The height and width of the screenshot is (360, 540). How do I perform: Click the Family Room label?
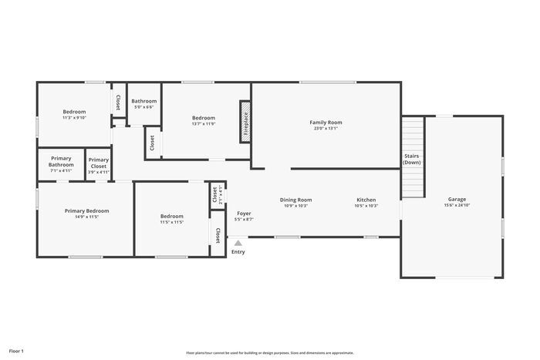(326, 122)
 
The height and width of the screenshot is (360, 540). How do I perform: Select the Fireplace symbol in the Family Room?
(246, 120)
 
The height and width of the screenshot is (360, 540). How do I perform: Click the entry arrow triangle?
(238, 243)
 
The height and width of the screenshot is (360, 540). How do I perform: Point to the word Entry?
(238, 252)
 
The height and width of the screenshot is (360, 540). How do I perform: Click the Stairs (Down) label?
(412, 159)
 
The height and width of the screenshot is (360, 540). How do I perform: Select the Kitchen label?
(366, 200)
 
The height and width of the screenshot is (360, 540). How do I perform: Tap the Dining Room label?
(295, 200)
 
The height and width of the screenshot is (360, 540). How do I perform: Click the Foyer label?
(244, 213)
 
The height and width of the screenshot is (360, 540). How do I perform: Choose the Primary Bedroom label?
(86, 210)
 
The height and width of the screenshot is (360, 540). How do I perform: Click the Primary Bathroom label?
(61, 161)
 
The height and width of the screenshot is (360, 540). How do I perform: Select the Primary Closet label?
(99, 163)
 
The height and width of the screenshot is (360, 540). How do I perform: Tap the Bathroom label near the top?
(143, 101)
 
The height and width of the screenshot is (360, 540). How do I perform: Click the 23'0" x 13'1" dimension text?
(326, 129)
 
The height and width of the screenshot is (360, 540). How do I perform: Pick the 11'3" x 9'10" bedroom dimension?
(74, 118)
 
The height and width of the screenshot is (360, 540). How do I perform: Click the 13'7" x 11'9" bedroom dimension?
(204, 124)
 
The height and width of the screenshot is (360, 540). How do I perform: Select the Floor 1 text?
(16, 352)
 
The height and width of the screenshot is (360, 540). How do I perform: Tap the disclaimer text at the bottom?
(269, 352)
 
